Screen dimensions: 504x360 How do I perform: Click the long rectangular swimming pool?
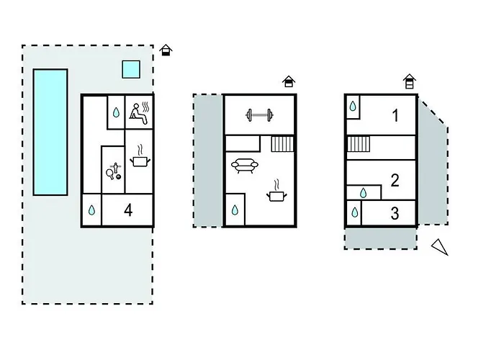[50, 132]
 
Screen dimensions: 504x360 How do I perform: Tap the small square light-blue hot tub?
[131, 69]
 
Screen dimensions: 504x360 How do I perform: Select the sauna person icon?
[140, 113]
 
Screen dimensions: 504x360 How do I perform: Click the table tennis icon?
[114, 171]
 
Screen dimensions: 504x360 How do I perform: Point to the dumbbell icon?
[259, 114]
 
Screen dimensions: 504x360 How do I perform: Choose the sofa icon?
[245, 166]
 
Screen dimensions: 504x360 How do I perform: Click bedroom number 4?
[128, 210]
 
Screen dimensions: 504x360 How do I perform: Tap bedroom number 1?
[395, 116]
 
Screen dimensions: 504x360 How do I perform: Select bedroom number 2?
[395, 180]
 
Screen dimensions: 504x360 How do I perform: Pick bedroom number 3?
[395, 213]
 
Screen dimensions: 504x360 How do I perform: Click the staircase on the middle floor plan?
[282, 144]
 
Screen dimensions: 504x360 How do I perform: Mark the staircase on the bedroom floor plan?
[359, 144]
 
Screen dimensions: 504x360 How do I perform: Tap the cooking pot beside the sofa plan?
[276, 192]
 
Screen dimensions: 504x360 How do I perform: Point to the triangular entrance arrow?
[440, 247]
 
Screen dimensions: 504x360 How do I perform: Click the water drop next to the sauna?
[116, 112]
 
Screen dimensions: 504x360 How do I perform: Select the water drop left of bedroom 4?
[92, 210]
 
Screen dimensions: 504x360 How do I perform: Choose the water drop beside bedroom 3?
[354, 212]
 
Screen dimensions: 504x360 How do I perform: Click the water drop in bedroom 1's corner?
[353, 106]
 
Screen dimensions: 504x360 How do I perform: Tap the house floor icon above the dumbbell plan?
[289, 81]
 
